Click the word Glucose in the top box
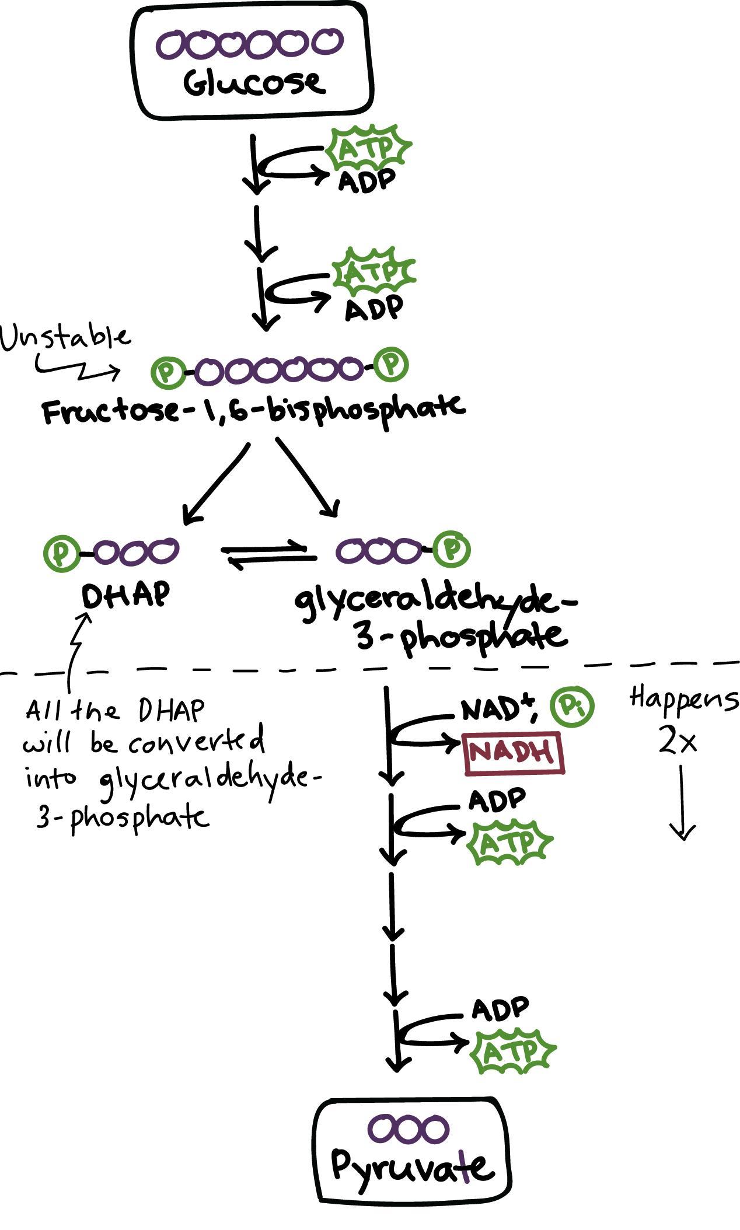253,83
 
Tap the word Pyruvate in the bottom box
412,1166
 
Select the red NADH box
514,753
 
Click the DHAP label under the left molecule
126,595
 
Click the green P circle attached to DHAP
61,552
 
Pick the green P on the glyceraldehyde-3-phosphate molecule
452,549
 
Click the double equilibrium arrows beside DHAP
268,555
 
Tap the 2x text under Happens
677,741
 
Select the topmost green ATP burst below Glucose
369,148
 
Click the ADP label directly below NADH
497,800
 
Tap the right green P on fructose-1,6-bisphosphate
391,365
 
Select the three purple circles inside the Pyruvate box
408,1128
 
